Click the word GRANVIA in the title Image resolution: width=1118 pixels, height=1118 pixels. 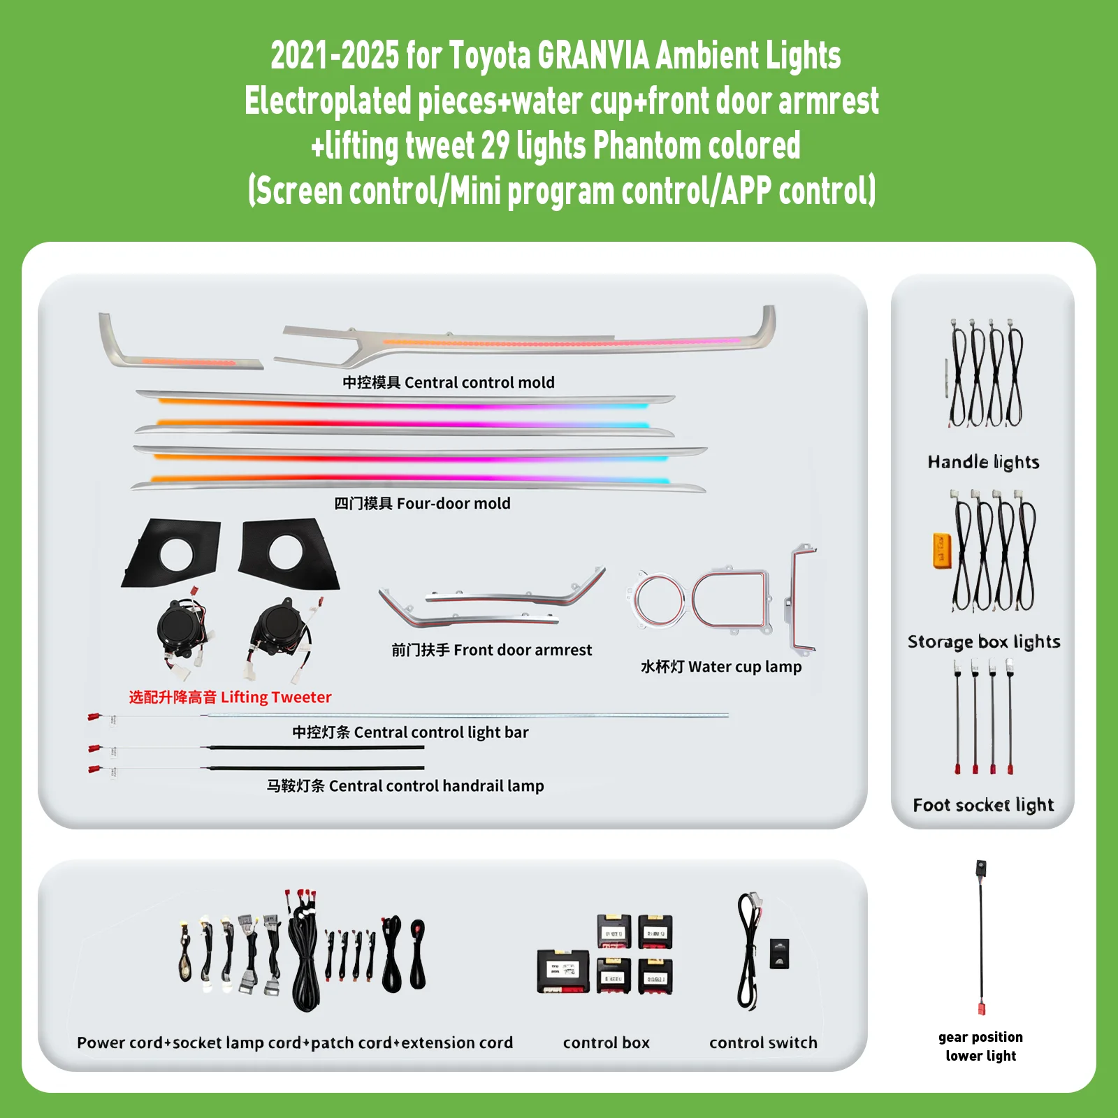(594, 56)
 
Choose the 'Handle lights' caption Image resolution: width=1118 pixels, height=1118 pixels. (983, 462)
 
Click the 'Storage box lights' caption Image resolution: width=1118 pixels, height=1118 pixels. (984, 641)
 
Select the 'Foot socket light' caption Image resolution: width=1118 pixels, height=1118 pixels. (983, 805)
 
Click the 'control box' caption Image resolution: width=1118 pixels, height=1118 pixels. (607, 1043)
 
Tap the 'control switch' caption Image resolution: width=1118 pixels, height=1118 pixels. (763, 1043)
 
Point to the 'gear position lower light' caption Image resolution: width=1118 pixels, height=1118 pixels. (981, 1046)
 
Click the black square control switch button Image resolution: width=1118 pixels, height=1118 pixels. (779, 954)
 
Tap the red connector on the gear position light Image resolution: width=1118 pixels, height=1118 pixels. (981, 1008)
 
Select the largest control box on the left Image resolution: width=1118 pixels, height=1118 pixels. (563, 971)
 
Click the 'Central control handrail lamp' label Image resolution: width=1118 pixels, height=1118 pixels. (405, 785)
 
